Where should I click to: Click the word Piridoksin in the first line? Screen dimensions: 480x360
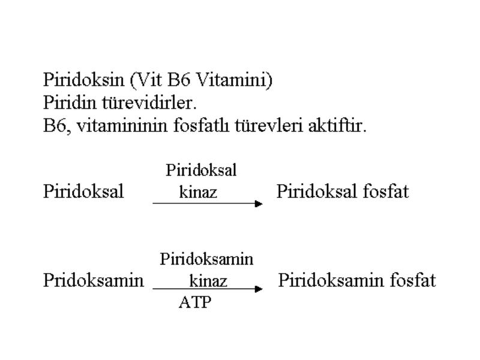click(83, 80)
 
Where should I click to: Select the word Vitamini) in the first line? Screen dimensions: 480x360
click(233, 80)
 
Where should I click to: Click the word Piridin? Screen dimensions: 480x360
click(70, 103)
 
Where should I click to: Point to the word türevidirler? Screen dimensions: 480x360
click(149, 103)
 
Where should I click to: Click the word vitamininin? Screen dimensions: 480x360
click(122, 125)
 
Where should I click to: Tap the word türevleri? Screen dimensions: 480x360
click(269, 125)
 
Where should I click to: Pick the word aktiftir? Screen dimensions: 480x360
click(337, 125)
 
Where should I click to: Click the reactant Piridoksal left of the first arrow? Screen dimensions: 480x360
click(83, 191)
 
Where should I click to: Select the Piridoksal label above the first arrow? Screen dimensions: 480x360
click(201, 170)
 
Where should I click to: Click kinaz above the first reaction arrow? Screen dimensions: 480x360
click(198, 192)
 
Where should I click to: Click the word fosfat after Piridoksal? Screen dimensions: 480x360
click(386, 191)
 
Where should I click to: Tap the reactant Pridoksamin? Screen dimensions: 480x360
click(94, 280)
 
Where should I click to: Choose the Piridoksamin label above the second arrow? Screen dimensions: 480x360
click(206, 259)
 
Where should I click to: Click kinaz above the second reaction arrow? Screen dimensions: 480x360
click(208, 281)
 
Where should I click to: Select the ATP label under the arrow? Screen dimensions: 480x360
click(196, 302)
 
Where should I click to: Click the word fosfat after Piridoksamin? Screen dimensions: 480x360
click(413, 280)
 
